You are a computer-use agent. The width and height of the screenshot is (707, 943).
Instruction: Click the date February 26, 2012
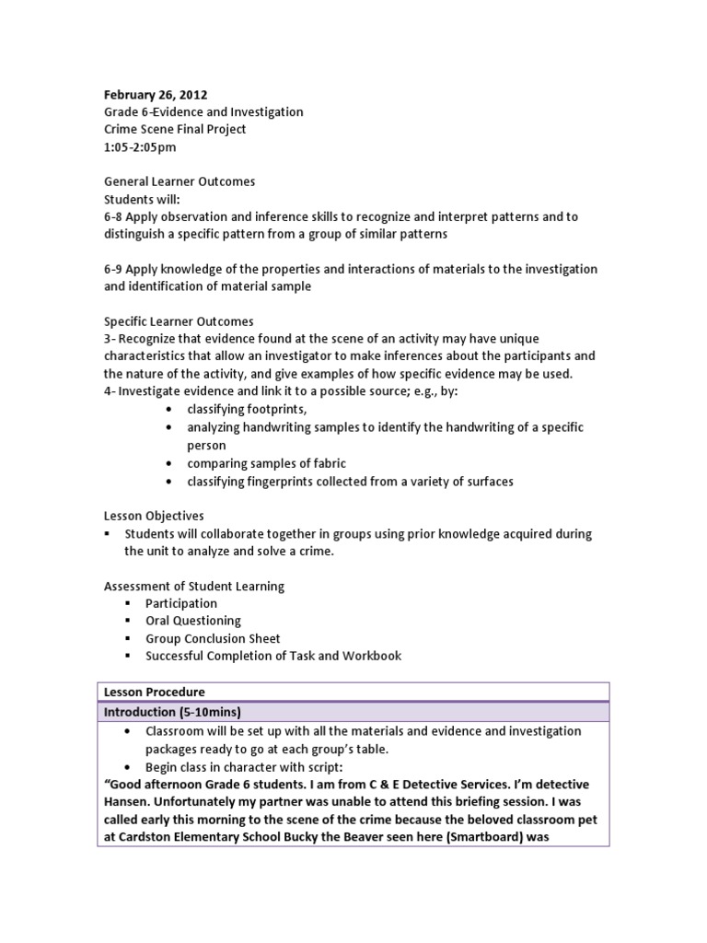click(156, 94)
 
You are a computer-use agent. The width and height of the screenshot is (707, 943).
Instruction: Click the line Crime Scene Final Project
click(175, 129)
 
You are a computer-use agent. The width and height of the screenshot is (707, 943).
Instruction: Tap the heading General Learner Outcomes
click(180, 181)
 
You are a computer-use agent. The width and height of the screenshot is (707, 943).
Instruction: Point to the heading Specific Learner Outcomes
click(179, 321)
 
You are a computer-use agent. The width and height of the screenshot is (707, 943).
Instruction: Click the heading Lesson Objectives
click(154, 516)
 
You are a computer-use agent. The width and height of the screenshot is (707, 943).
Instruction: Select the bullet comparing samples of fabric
click(266, 463)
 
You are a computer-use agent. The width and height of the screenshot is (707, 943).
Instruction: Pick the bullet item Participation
click(181, 603)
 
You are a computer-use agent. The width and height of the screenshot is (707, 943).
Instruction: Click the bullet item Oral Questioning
click(193, 621)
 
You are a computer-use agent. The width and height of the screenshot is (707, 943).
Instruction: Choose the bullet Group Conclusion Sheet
click(213, 638)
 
